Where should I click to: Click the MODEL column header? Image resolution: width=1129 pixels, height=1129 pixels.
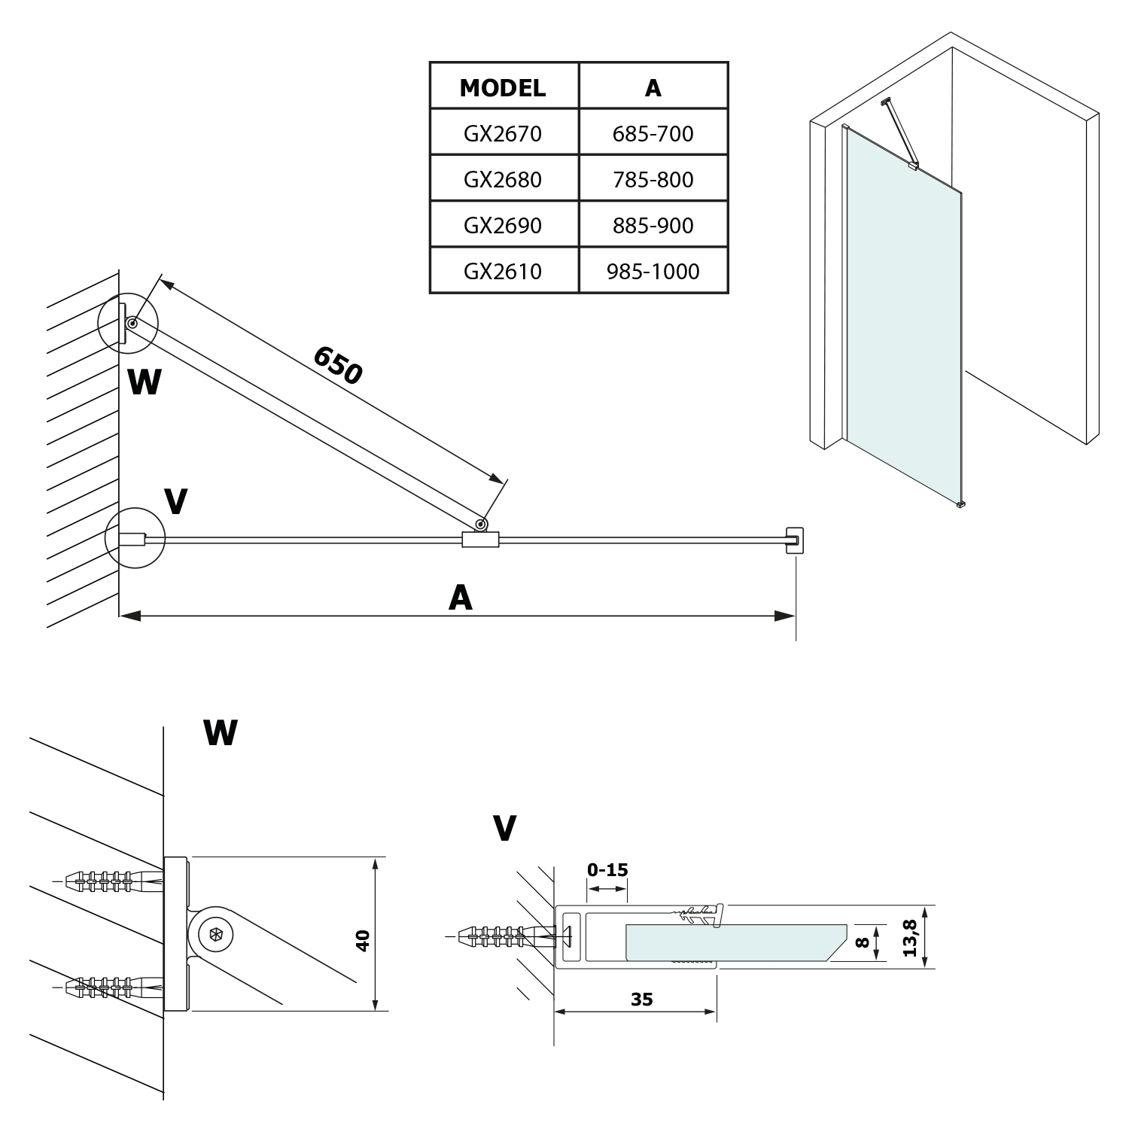point(503,87)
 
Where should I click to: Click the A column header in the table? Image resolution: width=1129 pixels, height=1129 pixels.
point(653,87)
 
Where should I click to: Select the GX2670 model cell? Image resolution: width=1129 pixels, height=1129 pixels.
point(503,134)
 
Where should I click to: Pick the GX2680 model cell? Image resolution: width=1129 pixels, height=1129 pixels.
point(503,180)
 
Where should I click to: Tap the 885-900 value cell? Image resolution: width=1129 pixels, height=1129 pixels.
point(653,226)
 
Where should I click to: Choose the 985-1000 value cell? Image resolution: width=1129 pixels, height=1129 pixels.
point(653,272)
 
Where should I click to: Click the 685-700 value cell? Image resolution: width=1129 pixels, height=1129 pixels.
point(653,134)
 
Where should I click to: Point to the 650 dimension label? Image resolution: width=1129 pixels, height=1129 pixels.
point(338,365)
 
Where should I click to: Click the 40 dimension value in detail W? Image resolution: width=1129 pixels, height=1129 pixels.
point(363,941)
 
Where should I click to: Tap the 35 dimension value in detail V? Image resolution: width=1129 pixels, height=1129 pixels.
point(642,1000)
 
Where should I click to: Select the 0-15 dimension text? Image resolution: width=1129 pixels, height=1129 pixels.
point(607,870)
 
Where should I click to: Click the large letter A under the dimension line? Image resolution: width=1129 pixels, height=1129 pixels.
point(460,598)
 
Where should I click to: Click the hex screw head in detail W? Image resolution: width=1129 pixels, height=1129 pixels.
point(216,935)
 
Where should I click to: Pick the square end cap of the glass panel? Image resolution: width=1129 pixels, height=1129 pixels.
point(794,540)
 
